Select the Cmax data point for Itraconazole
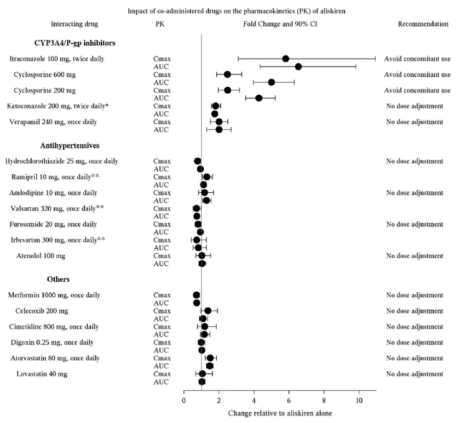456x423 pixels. [285, 58]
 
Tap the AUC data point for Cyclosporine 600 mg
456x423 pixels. [271, 82]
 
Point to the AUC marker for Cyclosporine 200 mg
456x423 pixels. [259, 98]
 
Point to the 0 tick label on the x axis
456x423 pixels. [184, 400]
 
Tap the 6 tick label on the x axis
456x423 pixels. [289, 400]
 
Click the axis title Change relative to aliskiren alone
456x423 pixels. [272, 413]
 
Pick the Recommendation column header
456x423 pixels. [422, 24]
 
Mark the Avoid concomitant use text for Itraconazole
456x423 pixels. [417, 58]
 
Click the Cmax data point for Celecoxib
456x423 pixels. [207, 310]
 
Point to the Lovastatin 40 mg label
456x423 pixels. [42, 374]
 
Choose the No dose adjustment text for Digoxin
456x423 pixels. [414, 342]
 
